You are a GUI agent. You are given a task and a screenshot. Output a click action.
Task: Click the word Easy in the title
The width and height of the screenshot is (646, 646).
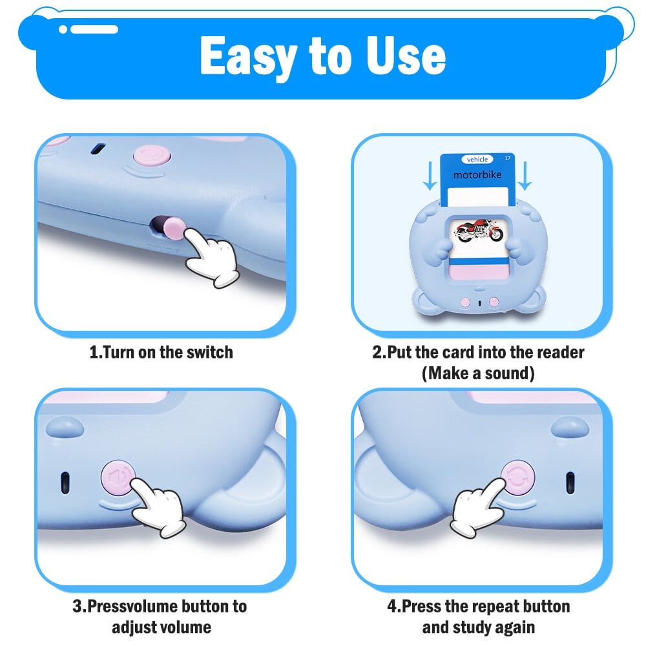tap(249, 57)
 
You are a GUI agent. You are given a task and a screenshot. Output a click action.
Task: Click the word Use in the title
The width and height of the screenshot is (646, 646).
tap(406, 56)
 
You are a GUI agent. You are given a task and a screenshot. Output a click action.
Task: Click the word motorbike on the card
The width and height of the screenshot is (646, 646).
tap(477, 174)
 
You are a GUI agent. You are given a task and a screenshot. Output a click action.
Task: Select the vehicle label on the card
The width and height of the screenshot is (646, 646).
tap(477, 160)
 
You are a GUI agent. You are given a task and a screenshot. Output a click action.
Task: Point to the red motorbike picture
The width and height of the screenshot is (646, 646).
tap(478, 231)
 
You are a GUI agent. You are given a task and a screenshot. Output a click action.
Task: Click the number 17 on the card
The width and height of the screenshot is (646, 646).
tap(508, 158)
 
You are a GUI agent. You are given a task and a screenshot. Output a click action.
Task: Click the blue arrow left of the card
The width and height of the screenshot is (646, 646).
tap(430, 176)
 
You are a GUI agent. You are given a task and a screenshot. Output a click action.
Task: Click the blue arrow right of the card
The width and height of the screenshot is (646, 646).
tap(525, 176)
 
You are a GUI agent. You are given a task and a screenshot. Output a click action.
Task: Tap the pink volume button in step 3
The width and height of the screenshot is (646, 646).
tap(118, 478)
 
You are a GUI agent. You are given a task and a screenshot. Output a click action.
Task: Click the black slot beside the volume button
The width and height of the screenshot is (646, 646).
tap(65, 483)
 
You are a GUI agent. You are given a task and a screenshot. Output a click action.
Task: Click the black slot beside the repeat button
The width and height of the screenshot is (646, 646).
tap(570, 483)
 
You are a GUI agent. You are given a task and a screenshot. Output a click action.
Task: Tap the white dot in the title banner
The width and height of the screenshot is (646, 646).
tap(63, 29)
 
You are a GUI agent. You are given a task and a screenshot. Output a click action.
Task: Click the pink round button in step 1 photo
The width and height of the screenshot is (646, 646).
tap(152, 156)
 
